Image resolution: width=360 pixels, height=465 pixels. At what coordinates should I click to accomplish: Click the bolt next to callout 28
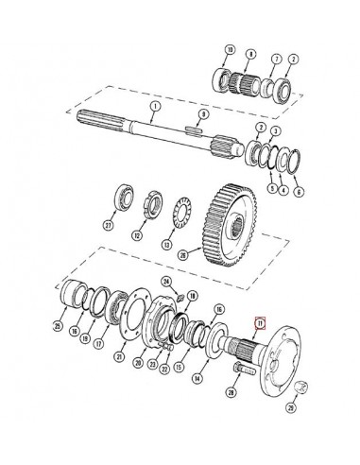(x=234, y=391)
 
